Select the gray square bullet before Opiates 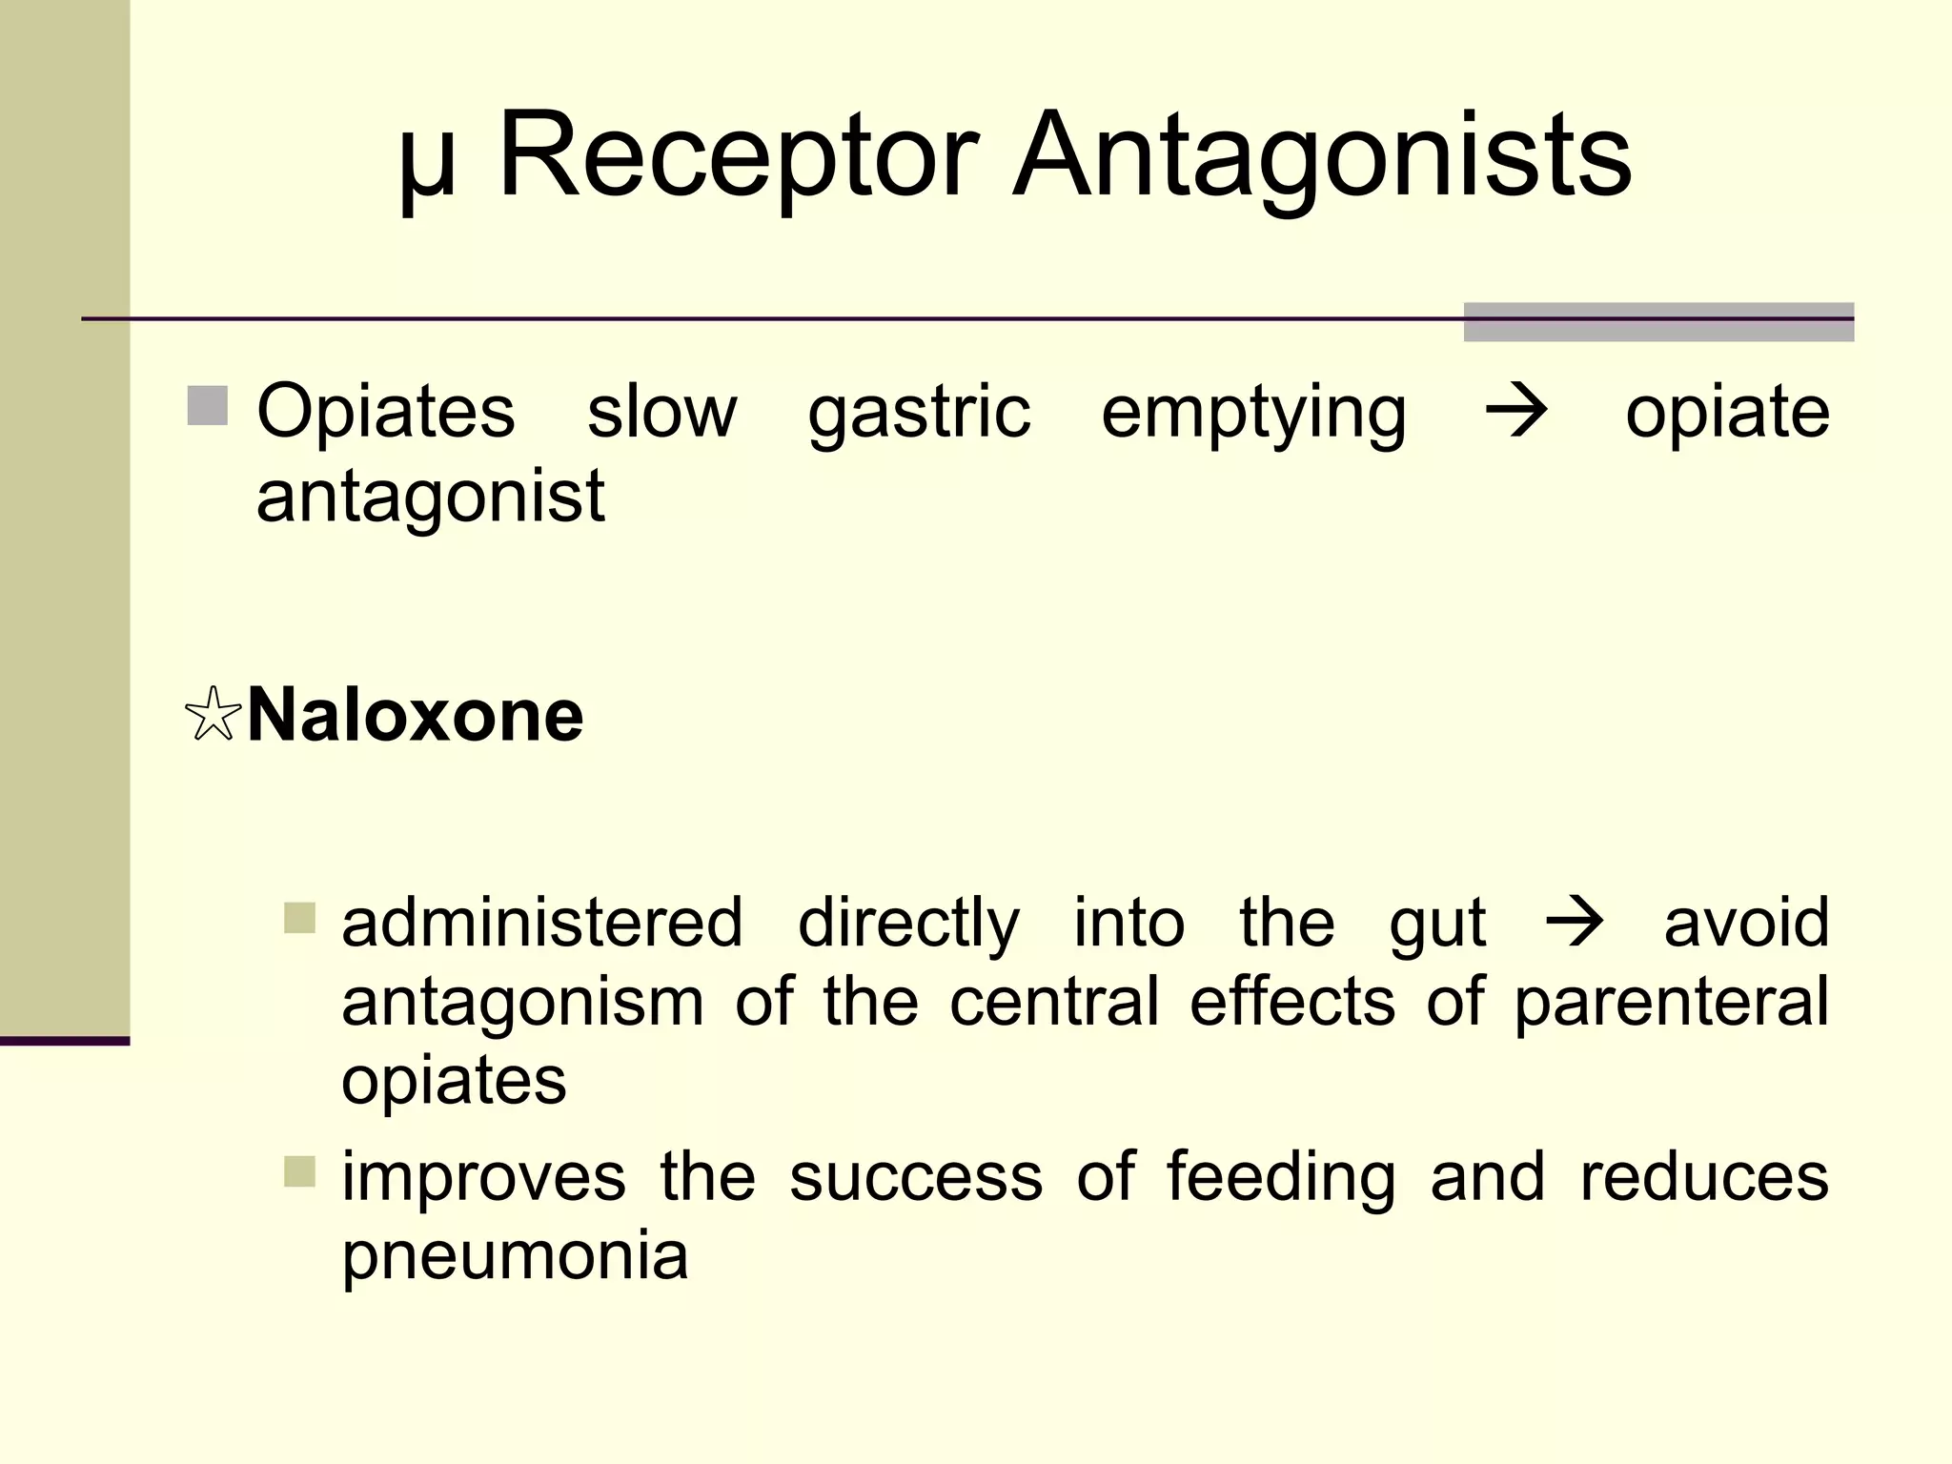[x=207, y=406]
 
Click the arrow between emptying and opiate [x=1515, y=412]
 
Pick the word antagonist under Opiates [x=430, y=498]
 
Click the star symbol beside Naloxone [x=212, y=715]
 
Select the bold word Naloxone [x=415, y=715]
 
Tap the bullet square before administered [x=299, y=919]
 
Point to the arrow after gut [x=1575, y=922]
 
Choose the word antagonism [x=522, y=1002]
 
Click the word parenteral [x=1671, y=1004]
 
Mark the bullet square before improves [x=299, y=1171]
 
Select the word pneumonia [x=515, y=1256]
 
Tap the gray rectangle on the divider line [x=1658, y=322]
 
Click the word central [x=1054, y=1002]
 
